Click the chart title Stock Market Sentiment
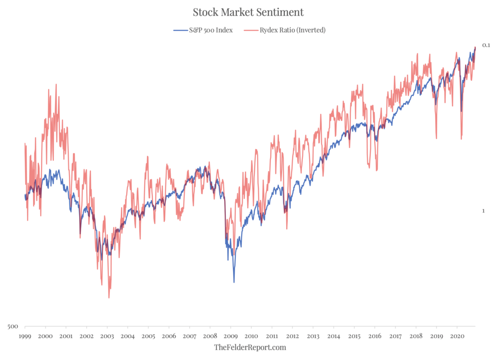click(x=248, y=12)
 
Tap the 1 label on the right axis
click(x=483, y=211)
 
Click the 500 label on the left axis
click(x=13, y=326)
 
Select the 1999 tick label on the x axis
click(x=25, y=336)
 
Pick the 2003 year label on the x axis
click(x=107, y=336)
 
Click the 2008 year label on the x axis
click(x=210, y=336)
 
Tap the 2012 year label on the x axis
click(x=292, y=336)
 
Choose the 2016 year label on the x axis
click(x=375, y=336)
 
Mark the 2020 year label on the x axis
click(x=457, y=336)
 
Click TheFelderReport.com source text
click(x=249, y=347)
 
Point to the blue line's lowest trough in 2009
click(x=234, y=282)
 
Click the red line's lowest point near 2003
click(x=109, y=297)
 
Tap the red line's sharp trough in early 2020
click(x=462, y=139)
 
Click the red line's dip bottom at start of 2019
click(x=437, y=138)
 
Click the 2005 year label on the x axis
click(x=149, y=336)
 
